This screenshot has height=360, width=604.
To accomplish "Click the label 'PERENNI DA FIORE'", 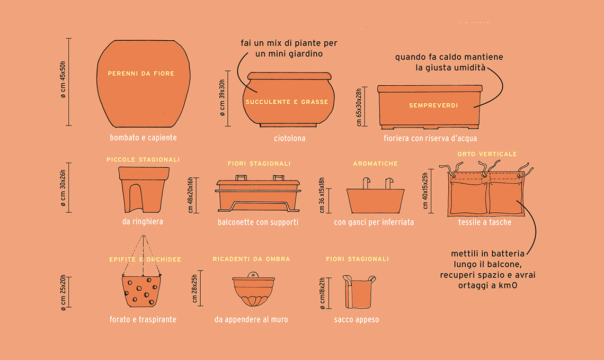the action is [x=141, y=74].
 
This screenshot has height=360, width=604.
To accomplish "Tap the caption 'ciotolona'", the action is [x=290, y=138].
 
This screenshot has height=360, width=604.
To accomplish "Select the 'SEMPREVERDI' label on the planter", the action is [x=433, y=105].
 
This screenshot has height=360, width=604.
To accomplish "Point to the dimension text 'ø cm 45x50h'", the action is [x=63, y=80].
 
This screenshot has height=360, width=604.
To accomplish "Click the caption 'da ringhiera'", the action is [x=143, y=221].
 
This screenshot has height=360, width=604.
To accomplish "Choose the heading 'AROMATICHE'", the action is [x=375, y=164].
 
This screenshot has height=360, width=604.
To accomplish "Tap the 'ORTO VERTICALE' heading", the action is [x=487, y=154].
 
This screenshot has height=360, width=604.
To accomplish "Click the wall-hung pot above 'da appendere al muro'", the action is [x=253, y=289].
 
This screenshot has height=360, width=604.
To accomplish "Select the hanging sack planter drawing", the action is [x=359, y=292].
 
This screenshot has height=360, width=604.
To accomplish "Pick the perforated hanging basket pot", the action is [x=141, y=291].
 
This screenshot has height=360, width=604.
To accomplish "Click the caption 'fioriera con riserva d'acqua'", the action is [x=430, y=138].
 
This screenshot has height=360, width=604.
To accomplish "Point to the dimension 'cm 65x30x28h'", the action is [x=359, y=107].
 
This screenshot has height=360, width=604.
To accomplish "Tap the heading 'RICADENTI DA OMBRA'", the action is [x=251, y=259].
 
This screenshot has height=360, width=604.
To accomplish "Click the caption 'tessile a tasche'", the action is [x=485, y=222].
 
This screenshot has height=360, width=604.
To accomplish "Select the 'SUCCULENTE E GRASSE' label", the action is [x=287, y=102].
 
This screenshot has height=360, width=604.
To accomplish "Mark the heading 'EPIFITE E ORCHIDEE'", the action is [x=145, y=259].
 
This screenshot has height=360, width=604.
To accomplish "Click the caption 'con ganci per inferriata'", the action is [x=374, y=222].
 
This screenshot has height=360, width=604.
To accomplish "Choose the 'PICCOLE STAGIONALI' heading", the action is [x=143, y=159].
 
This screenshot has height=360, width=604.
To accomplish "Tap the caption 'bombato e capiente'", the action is [x=143, y=138].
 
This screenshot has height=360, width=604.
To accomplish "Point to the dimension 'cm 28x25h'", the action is [x=194, y=289].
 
